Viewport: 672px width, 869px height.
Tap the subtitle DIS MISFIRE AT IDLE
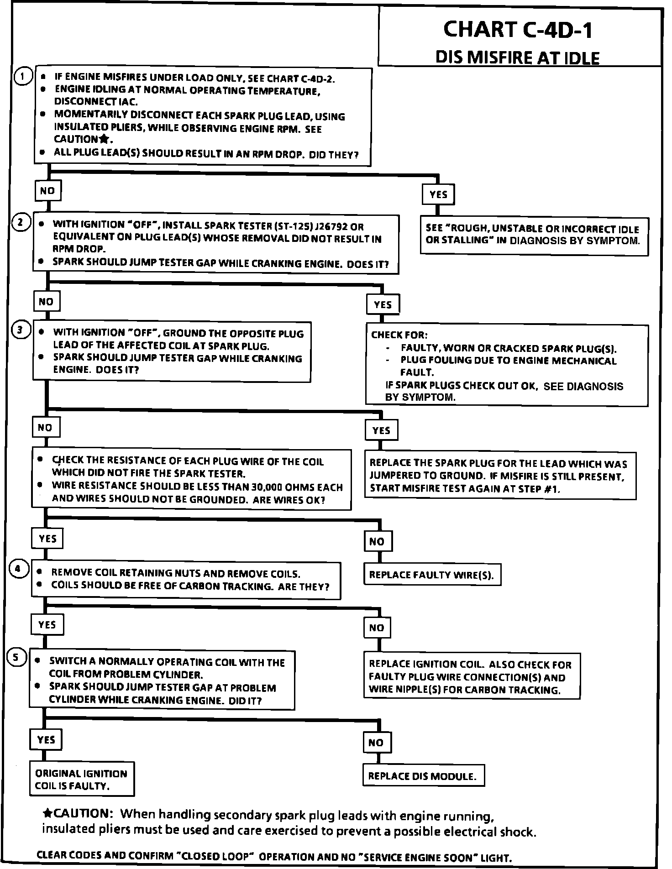[517, 58]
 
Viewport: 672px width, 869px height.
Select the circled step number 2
[21, 223]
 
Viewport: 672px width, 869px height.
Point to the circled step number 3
[21, 330]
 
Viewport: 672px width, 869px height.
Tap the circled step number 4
[18, 569]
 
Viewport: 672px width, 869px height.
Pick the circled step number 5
[16, 657]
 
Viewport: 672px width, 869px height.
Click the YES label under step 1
[438, 194]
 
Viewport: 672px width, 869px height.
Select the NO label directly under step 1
[47, 191]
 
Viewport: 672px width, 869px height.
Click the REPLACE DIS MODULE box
[423, 776]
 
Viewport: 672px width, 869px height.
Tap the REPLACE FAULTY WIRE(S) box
[431, 575]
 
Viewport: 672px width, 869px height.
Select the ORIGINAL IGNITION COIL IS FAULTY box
[82, 780]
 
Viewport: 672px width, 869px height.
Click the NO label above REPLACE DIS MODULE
[376, 743]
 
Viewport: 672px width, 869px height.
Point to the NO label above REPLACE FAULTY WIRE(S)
[377, 542]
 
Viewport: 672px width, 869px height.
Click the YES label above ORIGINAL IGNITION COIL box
[47, 739]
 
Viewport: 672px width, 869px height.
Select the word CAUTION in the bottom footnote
[81, 813]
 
